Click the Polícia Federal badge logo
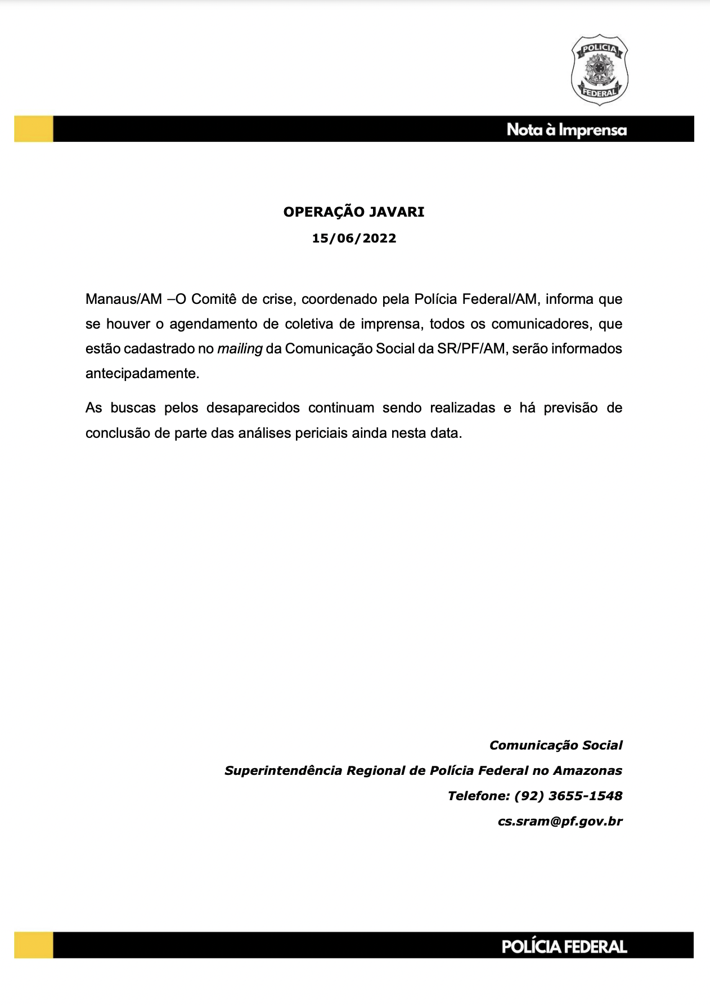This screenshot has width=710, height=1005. click(599, 70)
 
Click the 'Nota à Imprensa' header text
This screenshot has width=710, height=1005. click(566, 130)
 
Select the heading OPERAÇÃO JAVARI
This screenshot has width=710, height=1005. click(354, 212)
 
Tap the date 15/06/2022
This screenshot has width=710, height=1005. click(354, 239)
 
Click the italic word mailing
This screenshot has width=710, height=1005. click(240, 349)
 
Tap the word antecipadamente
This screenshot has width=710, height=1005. click(142, 374)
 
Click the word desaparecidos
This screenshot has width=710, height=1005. click(253, 408)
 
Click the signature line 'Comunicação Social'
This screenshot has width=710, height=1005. click(556, 746)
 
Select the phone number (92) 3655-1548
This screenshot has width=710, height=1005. click(568, 796)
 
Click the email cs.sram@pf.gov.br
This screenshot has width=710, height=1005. click(560, 822)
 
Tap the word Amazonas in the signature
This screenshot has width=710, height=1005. click(587, 771)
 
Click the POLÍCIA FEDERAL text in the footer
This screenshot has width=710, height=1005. click(564, 947)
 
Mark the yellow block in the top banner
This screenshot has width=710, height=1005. click(34, 129)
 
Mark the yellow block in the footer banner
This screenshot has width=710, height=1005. click(34, 945)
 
